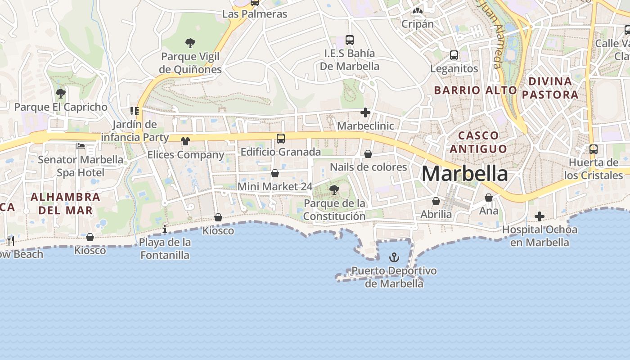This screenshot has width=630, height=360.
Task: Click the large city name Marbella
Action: pyautogui.click(x=465, y=174)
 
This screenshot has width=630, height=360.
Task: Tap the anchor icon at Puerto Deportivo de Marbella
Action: pyautogui.click(x=394, y=257)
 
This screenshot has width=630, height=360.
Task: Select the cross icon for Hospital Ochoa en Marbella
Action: pyautogui.click(x=540, y=217)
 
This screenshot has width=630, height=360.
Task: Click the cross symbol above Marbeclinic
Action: pyautogui.click(x=365, y=112)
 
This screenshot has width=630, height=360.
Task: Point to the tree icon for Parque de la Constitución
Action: pyautogui.click(x=334, y=190)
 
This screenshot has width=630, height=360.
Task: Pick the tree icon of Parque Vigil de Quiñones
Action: pyautogui.click(x=190, y=43)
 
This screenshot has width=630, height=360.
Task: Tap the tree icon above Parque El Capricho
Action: pyautogui.click(x=61, y=94)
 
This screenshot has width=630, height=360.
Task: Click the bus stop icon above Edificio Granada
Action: pyautogui.click(x=281, y=138)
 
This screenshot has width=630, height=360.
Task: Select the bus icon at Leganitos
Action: pyautogui.click(x=454, y=55)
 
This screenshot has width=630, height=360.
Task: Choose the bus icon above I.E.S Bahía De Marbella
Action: pyautogui.click(x=350, y=40)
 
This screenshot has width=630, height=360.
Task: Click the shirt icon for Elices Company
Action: pyautogui.click(x=185, y=141)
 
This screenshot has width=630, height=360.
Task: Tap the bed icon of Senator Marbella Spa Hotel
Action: pyautogui.click(x=81, y=146)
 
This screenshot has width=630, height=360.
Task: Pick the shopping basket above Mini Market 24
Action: pyautogui.click(x=275, y=173)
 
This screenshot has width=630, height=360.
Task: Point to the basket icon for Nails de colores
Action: pyautogui.click(x=368, y=154)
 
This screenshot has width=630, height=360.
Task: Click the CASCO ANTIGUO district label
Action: pyautogui.click(x=479, y=142)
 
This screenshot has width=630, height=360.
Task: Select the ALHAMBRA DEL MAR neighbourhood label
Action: pyautogui.click(x=66, y=203)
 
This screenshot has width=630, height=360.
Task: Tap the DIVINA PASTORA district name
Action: pyautogui.click(x=550, y=88)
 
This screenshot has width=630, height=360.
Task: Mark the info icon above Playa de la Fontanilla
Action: pyautogui.click(x=165, y=229)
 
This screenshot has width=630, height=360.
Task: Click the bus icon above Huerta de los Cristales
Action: pyautogui.click(x=594, y=149)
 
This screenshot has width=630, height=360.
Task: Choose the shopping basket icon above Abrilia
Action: pyautogui.click(x=436, y=201)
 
